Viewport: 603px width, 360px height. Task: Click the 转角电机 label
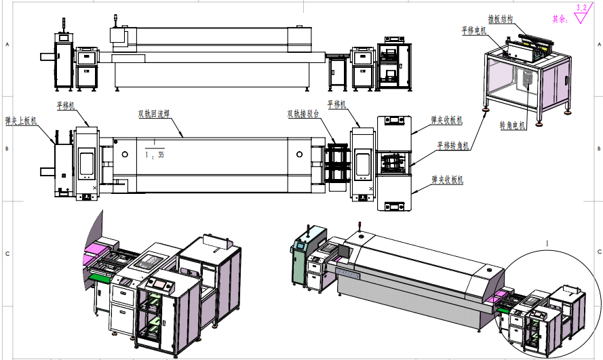coord(512,125)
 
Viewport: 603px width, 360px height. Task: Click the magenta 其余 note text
coord(560,19)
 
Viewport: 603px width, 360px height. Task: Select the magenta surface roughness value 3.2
coord(581,8)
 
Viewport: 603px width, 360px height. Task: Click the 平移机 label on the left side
coord(66,106)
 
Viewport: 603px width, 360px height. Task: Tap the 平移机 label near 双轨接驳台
coord(337,104)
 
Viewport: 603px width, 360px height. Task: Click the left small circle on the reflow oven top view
coord(125,155)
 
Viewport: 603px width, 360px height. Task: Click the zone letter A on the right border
coord(598,43)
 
